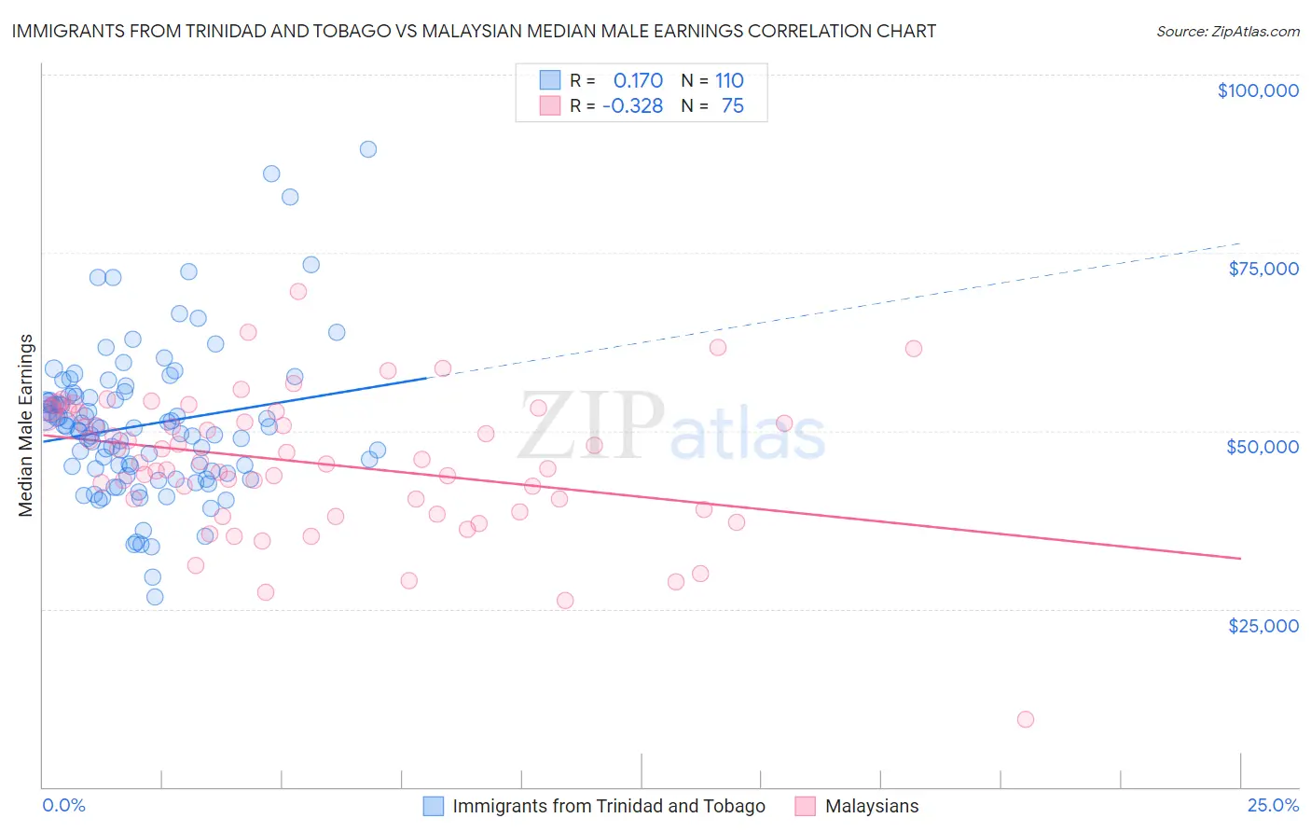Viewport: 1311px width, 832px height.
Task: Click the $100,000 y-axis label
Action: (x=1257, y=90)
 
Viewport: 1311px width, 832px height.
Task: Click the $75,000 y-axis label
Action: (x=1263, y=269)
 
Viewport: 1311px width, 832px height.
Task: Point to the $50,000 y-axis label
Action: (x=1262, y=447)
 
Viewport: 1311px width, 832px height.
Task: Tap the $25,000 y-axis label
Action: (x=1263, y=625)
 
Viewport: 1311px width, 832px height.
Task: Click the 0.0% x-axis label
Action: (x=63, y=806)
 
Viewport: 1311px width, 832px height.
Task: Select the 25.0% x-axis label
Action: (x=1273, y=806)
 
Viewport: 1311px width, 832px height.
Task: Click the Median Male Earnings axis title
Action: (x=26, y=425)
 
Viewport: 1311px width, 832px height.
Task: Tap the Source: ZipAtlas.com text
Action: (x=1227, y=31)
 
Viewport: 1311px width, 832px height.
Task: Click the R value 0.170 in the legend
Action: (x=638, y=80)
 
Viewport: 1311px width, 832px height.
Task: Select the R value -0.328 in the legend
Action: (x=632, y=106)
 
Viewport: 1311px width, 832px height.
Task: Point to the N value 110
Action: (x=729, y=80)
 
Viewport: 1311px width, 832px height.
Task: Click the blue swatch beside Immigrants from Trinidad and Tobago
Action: (x=434, y=806)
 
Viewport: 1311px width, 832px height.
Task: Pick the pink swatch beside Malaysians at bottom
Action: (x=806, y=806)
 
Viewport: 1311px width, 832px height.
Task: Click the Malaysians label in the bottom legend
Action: (x=871, y=806)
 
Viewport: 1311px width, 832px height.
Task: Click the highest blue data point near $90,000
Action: (x=368, y=149)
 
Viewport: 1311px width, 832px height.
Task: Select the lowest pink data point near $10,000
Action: (x=1026, y=719)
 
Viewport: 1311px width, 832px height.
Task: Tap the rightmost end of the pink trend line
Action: (x=1240, y=558)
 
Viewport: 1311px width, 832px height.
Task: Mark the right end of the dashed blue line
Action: (x=1240, y=243)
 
